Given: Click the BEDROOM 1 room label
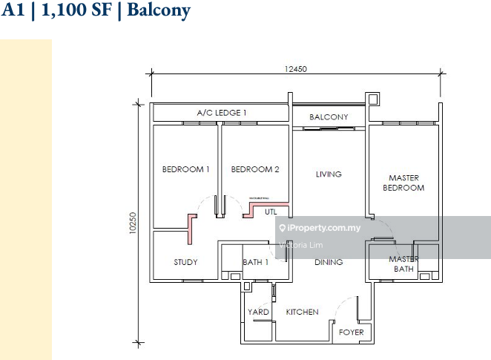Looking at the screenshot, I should (185, 169).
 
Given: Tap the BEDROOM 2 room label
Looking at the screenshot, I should (255, 169).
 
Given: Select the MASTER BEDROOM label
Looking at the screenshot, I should (403, 183).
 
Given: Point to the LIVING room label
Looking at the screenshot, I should (329, 174).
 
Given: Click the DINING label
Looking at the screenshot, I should (328, 262).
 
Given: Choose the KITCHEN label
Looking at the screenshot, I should (303, 312).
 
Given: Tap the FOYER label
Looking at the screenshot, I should (352, 332).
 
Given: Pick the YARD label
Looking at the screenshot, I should (258, 312).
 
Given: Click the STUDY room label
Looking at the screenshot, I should (185, 262).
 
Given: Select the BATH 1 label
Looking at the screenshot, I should (255, 262).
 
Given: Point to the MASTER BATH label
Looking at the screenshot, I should (403, 264).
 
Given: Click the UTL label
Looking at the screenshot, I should (271, 212).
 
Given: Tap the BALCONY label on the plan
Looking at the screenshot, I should (329, 117).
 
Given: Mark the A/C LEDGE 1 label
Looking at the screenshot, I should (222, 112).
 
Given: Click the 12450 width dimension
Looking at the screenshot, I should (295, 68).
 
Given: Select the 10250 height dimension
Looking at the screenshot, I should (133, 224).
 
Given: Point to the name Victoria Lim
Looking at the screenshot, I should (302, 244).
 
